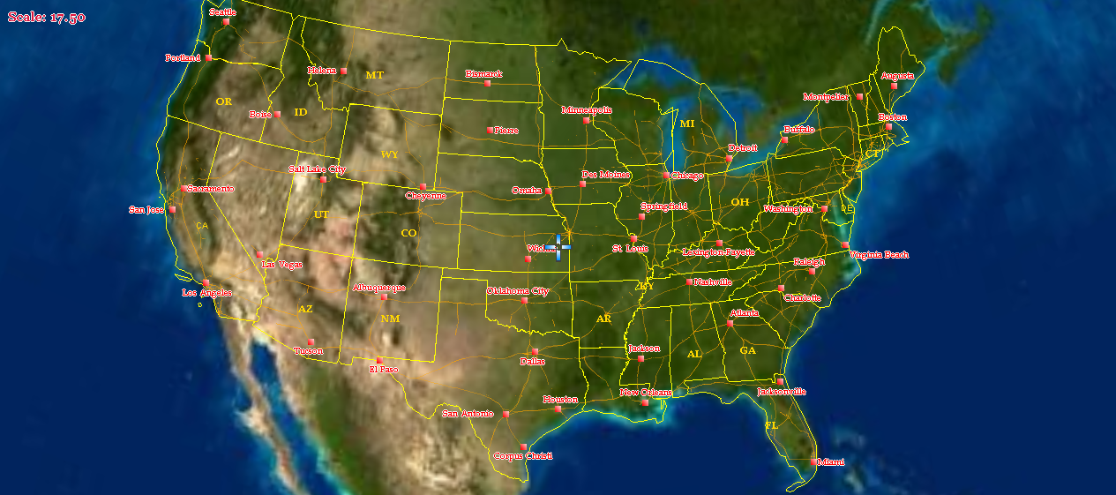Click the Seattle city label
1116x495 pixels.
click(x=222, y=12)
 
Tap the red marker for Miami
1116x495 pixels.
click(x=813, y=461)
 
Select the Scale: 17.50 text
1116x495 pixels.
click(x=47, y=17)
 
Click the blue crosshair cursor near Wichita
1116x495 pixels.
click(x=558, y=247)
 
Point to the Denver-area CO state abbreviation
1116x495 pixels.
click(x=408, y=233)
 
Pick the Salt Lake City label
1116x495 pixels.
click(x=317, y=169)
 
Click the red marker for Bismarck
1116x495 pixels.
click(x=487, y=83)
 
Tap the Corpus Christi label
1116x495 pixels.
click(x=522, y=456)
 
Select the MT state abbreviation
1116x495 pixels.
click(x=375, y=75)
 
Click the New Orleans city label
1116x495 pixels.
click(x=646, y=392)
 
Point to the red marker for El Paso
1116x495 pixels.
click(x=379, y=360)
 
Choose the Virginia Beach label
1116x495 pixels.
click(x=879, y=255)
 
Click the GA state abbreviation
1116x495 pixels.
click(x=748, y=350)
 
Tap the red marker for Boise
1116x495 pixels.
click(x=277, y=114)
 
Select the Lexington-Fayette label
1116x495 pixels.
click(x=719, y=251)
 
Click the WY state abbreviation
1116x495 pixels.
click(x=390, y=154)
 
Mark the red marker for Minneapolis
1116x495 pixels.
click(x=586, y=120)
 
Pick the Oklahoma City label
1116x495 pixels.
click(x=518, y=290)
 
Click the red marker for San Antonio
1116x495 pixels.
click(x=506, y=414)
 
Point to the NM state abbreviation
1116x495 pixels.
click(x=390, y=319)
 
